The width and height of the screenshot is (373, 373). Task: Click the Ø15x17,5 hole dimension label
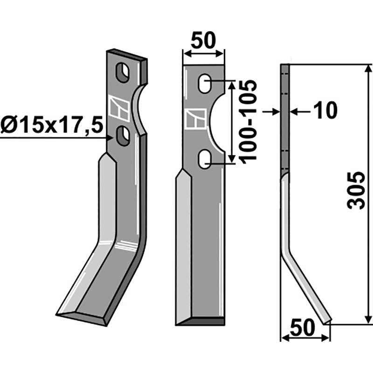coord(52,126)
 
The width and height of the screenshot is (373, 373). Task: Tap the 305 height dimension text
coord(356,191)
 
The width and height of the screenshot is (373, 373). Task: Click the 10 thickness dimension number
coord(325,111)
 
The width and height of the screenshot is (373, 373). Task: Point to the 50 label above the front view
coord(203,41)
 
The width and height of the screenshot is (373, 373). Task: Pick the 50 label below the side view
coord(303,328)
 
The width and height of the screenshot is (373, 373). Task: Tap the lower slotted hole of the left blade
coord(123,136)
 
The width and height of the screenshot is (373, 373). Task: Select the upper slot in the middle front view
coord(205,84)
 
